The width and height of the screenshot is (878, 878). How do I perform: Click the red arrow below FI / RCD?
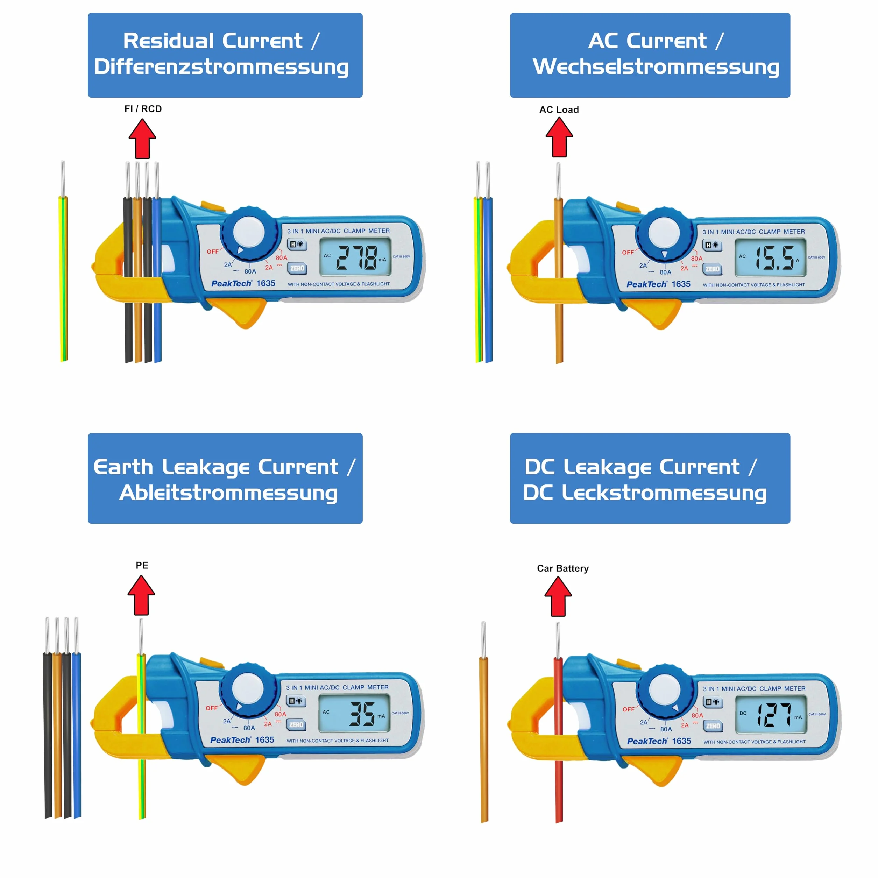142,139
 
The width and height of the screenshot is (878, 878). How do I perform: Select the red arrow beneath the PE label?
141,595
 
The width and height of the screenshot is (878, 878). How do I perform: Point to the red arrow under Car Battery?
558,596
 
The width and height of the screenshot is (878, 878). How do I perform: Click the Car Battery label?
562,568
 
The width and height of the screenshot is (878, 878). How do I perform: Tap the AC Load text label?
559,109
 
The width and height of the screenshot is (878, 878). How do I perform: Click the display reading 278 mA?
355,257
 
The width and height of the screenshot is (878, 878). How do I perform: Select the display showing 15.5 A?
770,258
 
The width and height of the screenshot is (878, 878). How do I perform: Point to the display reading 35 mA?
354,714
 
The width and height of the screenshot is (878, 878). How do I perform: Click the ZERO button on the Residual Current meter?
297,269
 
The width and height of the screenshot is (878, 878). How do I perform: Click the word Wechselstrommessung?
656,67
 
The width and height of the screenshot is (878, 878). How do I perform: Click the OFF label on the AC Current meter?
628,252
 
